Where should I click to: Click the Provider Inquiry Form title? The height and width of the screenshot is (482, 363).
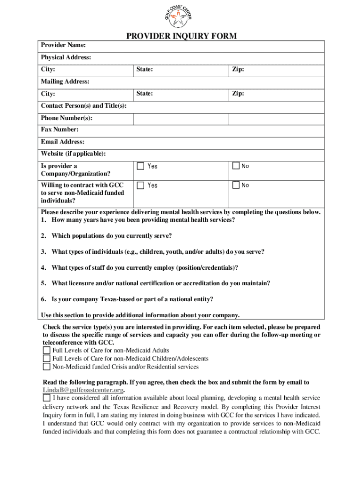[x=181, y=36]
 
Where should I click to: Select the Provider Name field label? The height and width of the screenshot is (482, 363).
[x=63, y=45]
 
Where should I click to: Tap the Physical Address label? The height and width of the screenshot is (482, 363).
[x=66, y=57]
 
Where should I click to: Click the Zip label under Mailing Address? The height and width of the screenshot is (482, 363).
[x=238, y=94]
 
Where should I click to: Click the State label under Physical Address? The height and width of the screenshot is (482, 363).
[x=144, y=70]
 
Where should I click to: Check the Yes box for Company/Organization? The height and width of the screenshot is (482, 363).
[x=140, y=166]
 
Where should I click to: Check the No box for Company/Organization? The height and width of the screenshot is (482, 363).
[x=236, y=166]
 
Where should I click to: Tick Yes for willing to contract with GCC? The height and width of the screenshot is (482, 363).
[x=140, y=185]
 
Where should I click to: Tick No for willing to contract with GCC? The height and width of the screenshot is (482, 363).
[x=236, y=185]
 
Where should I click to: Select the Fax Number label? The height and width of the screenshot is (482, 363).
[x=59, y=129]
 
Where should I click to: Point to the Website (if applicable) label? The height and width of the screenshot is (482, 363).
[x=73, y=154]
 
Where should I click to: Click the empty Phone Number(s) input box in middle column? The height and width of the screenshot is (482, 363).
[x=181, y=118]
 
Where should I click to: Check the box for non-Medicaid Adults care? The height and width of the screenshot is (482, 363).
[x=46, y=351]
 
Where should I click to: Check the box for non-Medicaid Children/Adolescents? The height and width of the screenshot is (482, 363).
[x=46, y=359]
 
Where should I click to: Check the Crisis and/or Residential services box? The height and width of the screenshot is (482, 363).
[x=46, y=367]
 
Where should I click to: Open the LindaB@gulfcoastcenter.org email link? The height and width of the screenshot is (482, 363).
[x=83, y=390]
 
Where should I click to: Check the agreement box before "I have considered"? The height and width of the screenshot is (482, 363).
[x=46, y=398]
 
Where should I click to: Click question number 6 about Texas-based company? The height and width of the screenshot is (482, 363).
[x=127, y=299]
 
